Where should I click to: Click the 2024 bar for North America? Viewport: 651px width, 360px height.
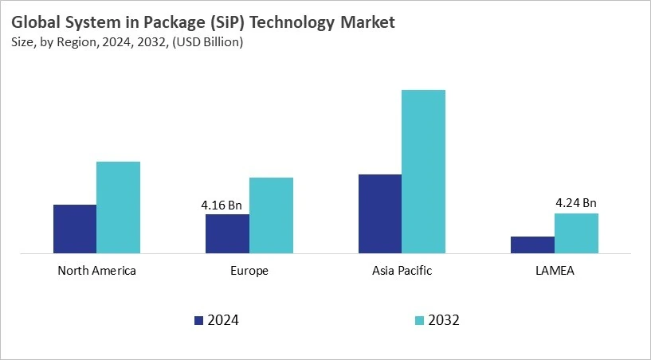point(75,229)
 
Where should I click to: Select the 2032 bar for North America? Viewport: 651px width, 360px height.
point(118,208)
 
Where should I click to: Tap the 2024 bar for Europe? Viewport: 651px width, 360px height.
point(227,234)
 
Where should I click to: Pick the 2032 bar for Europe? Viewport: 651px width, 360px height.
point(271,216)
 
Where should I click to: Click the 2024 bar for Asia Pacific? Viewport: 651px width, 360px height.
point(380,214)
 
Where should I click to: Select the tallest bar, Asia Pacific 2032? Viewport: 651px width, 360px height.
point(423,172)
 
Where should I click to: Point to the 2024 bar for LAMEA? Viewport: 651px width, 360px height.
point(532,245)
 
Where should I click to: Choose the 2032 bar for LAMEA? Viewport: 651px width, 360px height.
point(576,233)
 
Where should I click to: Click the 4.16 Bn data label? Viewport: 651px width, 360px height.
point(222,205)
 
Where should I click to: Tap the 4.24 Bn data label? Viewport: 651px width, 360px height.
point(575,203)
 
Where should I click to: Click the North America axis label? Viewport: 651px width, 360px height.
point(96,271)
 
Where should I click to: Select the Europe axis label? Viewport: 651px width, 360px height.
point(249,271)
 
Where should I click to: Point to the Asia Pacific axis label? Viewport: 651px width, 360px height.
point(402,271)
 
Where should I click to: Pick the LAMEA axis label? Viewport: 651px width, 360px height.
point(555,271)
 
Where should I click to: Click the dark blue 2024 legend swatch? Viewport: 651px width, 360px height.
point(198,320)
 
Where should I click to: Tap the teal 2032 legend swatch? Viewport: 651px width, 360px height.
point(419,320)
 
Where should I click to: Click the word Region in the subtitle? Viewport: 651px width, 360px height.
point(77,42)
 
